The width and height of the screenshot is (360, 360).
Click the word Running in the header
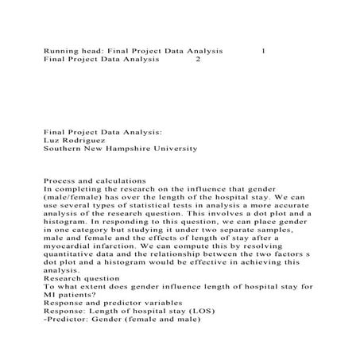click(60, 51)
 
